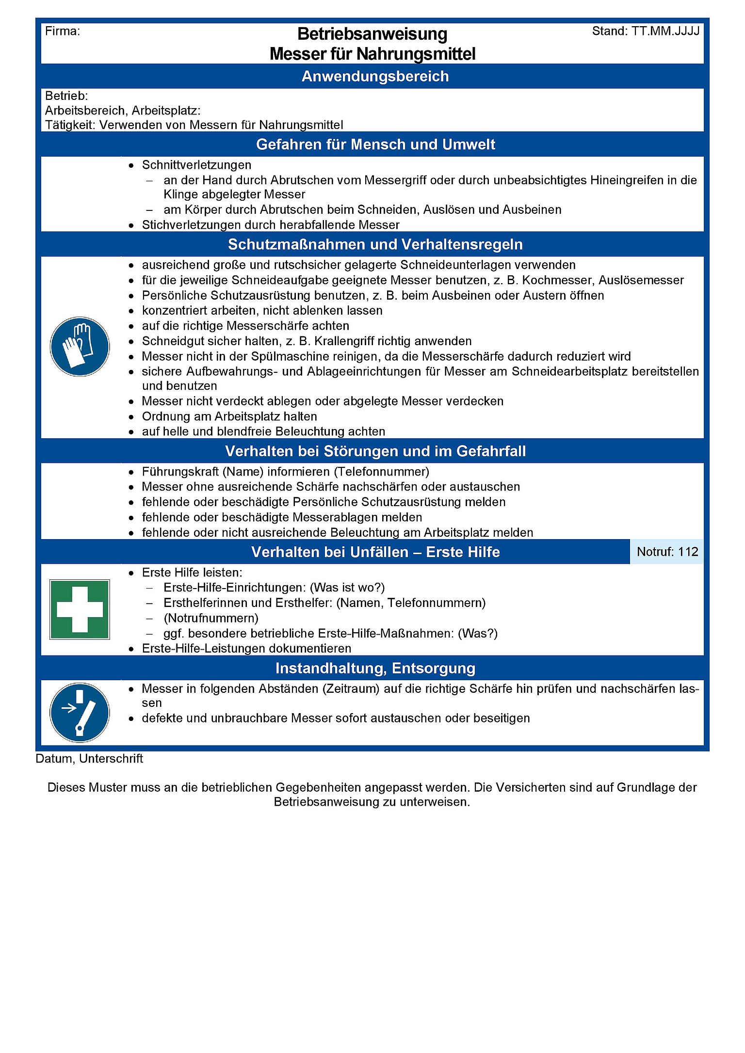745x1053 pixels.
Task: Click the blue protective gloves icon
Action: point(80,347)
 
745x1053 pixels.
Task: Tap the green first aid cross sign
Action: point(80,609)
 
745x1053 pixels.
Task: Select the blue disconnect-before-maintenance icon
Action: point(80,712)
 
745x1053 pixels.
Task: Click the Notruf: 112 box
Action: point(667,552)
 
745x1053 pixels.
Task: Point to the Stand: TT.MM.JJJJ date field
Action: point(646,32)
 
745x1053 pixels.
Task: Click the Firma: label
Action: point(63,32)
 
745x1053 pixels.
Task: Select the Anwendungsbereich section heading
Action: point(375,77)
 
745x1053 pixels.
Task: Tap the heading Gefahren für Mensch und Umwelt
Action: point(375,144)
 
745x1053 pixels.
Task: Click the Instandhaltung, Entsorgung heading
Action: point(375,668)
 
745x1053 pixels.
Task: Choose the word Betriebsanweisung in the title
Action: point(372,34)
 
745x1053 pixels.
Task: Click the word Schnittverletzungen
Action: point(196,165)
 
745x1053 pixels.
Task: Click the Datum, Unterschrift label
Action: point(89,759)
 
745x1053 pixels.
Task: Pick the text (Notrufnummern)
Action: point(211,618)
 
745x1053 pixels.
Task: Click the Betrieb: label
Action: point(66,96)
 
